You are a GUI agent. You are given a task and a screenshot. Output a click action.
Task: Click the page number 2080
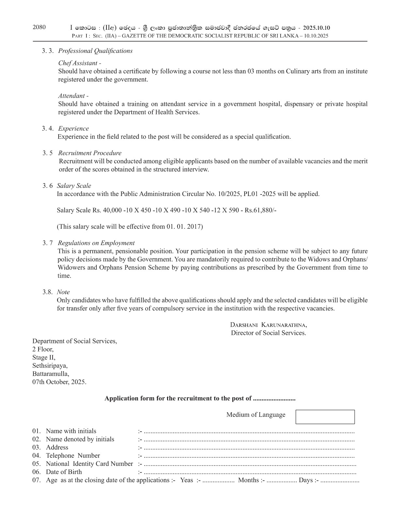[39, 27]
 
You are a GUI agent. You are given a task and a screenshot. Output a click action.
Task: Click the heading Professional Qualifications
[95, 51]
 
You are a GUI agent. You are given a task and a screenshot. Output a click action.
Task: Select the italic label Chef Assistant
[78, 63]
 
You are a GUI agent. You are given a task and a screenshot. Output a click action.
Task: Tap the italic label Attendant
[72, 96]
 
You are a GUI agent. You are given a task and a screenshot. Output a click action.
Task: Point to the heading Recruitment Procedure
[90, 153]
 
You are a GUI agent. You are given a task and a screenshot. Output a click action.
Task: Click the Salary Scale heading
[74, 186]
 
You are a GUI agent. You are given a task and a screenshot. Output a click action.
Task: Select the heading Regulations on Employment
[96, 243]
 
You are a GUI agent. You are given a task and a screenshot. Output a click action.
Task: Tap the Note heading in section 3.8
[63, 292]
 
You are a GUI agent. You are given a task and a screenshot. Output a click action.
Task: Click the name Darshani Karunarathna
[268, 325]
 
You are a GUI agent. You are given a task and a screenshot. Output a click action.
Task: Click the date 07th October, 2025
[59, 382]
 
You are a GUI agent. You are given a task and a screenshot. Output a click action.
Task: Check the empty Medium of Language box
[325, 417]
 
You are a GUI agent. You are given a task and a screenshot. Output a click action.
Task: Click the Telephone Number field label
[73, 455]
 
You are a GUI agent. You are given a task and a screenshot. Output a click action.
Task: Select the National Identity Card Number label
[89, 464]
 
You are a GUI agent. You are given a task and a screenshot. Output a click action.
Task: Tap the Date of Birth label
[64, 472]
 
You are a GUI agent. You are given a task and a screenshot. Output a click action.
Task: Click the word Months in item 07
[248, 480]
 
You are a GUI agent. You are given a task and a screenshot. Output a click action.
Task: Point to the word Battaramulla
[51, 374]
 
